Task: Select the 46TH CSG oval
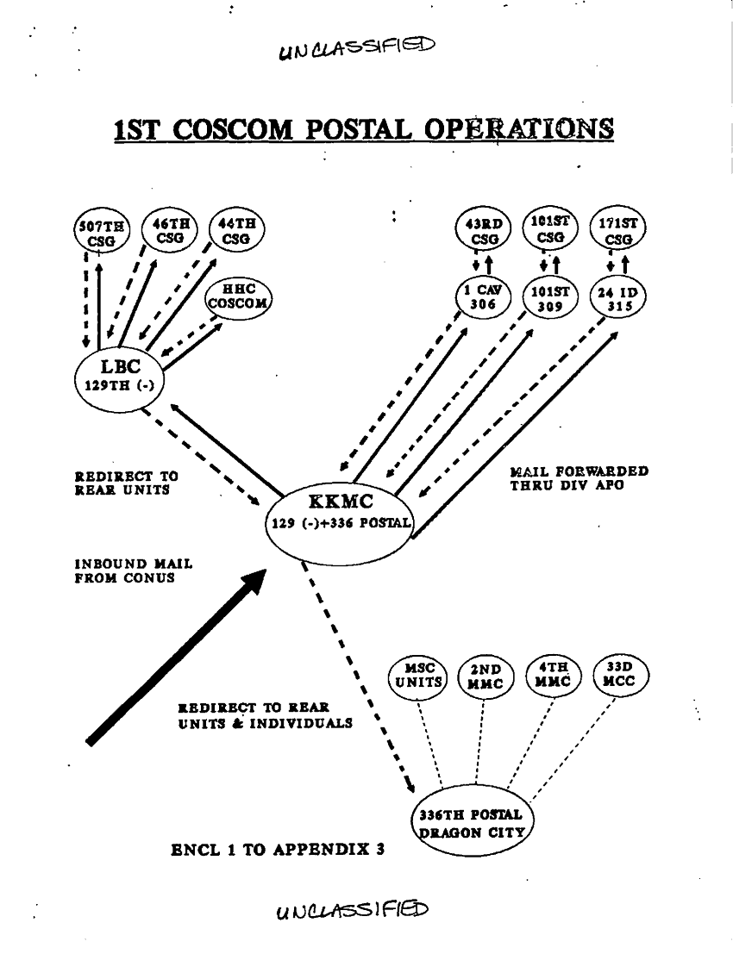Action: [x=167, y=229]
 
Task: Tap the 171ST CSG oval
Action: [x=617, y=230]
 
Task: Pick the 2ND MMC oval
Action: [x=485, y=677]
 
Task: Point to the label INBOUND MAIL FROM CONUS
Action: [x=133, y=571]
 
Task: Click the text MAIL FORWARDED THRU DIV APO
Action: [x=579, y=478]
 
